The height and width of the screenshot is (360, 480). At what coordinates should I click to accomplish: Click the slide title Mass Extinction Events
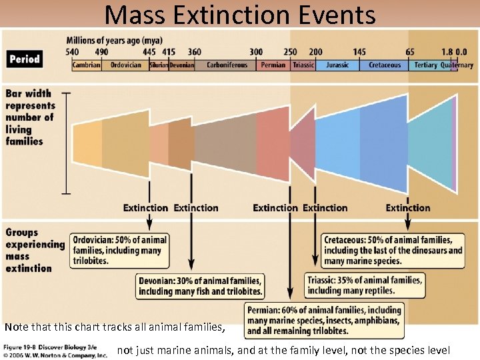tap(240, 14)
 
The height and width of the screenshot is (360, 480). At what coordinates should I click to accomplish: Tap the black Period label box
tap(25, 59)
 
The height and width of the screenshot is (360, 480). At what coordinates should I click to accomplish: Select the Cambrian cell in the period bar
tap(87, 65)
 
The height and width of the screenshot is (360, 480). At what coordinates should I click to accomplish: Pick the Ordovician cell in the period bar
tap(125, 65)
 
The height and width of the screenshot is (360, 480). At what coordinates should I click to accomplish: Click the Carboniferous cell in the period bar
tap(227, 65)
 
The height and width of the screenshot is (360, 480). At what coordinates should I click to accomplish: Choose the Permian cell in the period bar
tap(273, 65)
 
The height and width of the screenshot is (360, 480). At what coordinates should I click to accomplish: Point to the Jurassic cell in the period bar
tap(337, 65)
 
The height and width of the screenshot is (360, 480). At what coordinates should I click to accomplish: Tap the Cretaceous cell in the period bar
tap(385, 65)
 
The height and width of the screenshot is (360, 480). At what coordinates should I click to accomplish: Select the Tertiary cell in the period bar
tap(425, 65)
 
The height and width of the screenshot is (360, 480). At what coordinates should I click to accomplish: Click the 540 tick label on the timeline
tap(73, 52)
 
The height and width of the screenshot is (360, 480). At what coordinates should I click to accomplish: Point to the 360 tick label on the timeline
tap(194, 52)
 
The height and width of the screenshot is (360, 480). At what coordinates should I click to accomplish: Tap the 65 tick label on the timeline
tap(409, 52)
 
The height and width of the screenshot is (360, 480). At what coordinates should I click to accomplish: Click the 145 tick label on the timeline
tap(359, 52)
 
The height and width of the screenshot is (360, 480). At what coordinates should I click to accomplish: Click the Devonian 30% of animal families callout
tap(200, 285)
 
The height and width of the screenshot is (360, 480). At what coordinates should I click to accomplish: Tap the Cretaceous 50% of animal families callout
tap(393, 250)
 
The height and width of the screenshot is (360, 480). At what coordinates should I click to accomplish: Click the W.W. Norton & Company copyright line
tap(55, 355)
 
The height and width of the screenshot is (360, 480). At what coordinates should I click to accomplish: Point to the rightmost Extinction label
tap(408, 208)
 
